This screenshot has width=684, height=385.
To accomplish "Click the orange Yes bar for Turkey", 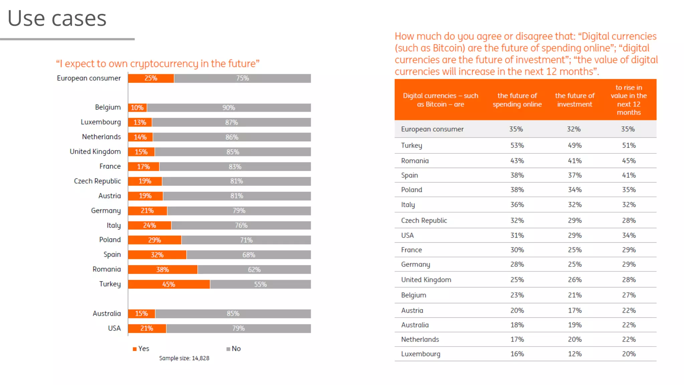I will click(x=169, y=284).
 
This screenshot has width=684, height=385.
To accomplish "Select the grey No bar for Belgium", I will click(x=229, y=108).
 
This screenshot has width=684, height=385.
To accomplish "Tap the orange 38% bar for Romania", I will click(x=163, y=270).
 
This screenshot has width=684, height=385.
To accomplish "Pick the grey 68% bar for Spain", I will click(x=248, y=255).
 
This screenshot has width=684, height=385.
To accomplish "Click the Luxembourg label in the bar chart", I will click(x=101, y=122).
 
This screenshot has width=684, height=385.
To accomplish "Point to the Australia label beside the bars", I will click(x=107, y=313).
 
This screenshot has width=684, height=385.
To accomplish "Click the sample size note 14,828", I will click(x=184, y=358).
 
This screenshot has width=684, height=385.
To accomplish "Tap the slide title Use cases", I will click(x=57, y=18).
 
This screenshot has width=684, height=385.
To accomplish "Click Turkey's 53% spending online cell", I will click(x=517, y=145).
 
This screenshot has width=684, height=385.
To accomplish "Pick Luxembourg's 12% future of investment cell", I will click(x=575, y=354).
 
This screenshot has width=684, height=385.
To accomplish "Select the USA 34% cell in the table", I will click(x=629, y=235).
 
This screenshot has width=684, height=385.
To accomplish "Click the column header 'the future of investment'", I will click(x=575, y=100).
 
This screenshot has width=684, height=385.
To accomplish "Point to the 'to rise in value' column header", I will click(x=629, y=100).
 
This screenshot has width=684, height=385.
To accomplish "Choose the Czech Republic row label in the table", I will click(x=424, y=221).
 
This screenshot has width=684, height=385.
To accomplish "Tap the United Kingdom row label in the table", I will click(x=426, y=280).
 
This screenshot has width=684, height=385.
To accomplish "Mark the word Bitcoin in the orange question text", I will click(x=449, y=48).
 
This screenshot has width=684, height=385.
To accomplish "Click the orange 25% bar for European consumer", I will click(x=151, y=78).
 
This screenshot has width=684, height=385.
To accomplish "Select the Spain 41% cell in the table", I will click(x=629, y=175).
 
